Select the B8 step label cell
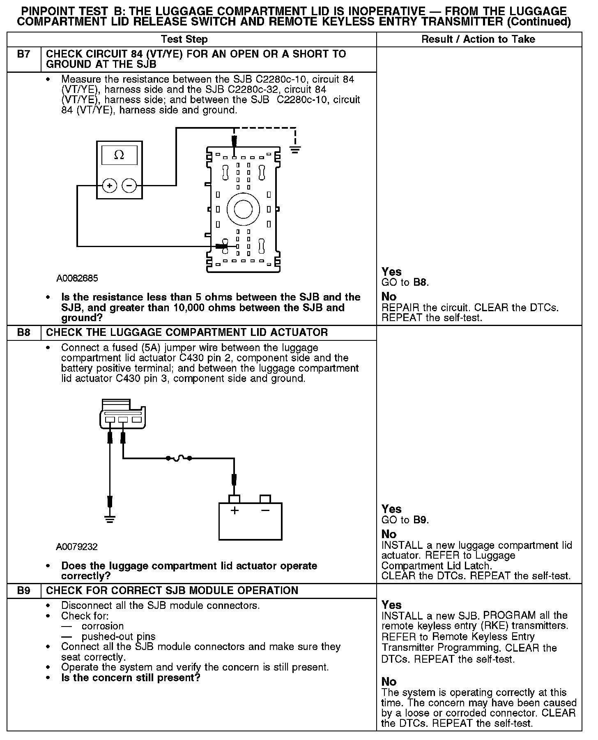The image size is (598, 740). tap(24, 333)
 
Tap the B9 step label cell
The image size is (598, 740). tap(24, 591)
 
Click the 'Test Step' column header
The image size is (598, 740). tap(184, 39)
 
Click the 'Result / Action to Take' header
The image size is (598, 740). tap(478, 39)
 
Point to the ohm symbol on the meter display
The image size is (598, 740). tap(119, 155)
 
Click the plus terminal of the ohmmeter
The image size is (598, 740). tap(110, 186)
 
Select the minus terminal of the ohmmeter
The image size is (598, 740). tap(129, 186)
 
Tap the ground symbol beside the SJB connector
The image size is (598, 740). tap(294, 149)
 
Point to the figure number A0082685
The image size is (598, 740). tap(77, 278)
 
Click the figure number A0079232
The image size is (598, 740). tap(77, 547)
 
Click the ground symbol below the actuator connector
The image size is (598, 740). tap(109, 519)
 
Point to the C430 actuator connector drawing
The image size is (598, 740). tap(122, 414)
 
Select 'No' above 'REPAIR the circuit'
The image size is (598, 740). tap(389, 297)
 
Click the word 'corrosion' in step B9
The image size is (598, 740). tap(103, 626)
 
